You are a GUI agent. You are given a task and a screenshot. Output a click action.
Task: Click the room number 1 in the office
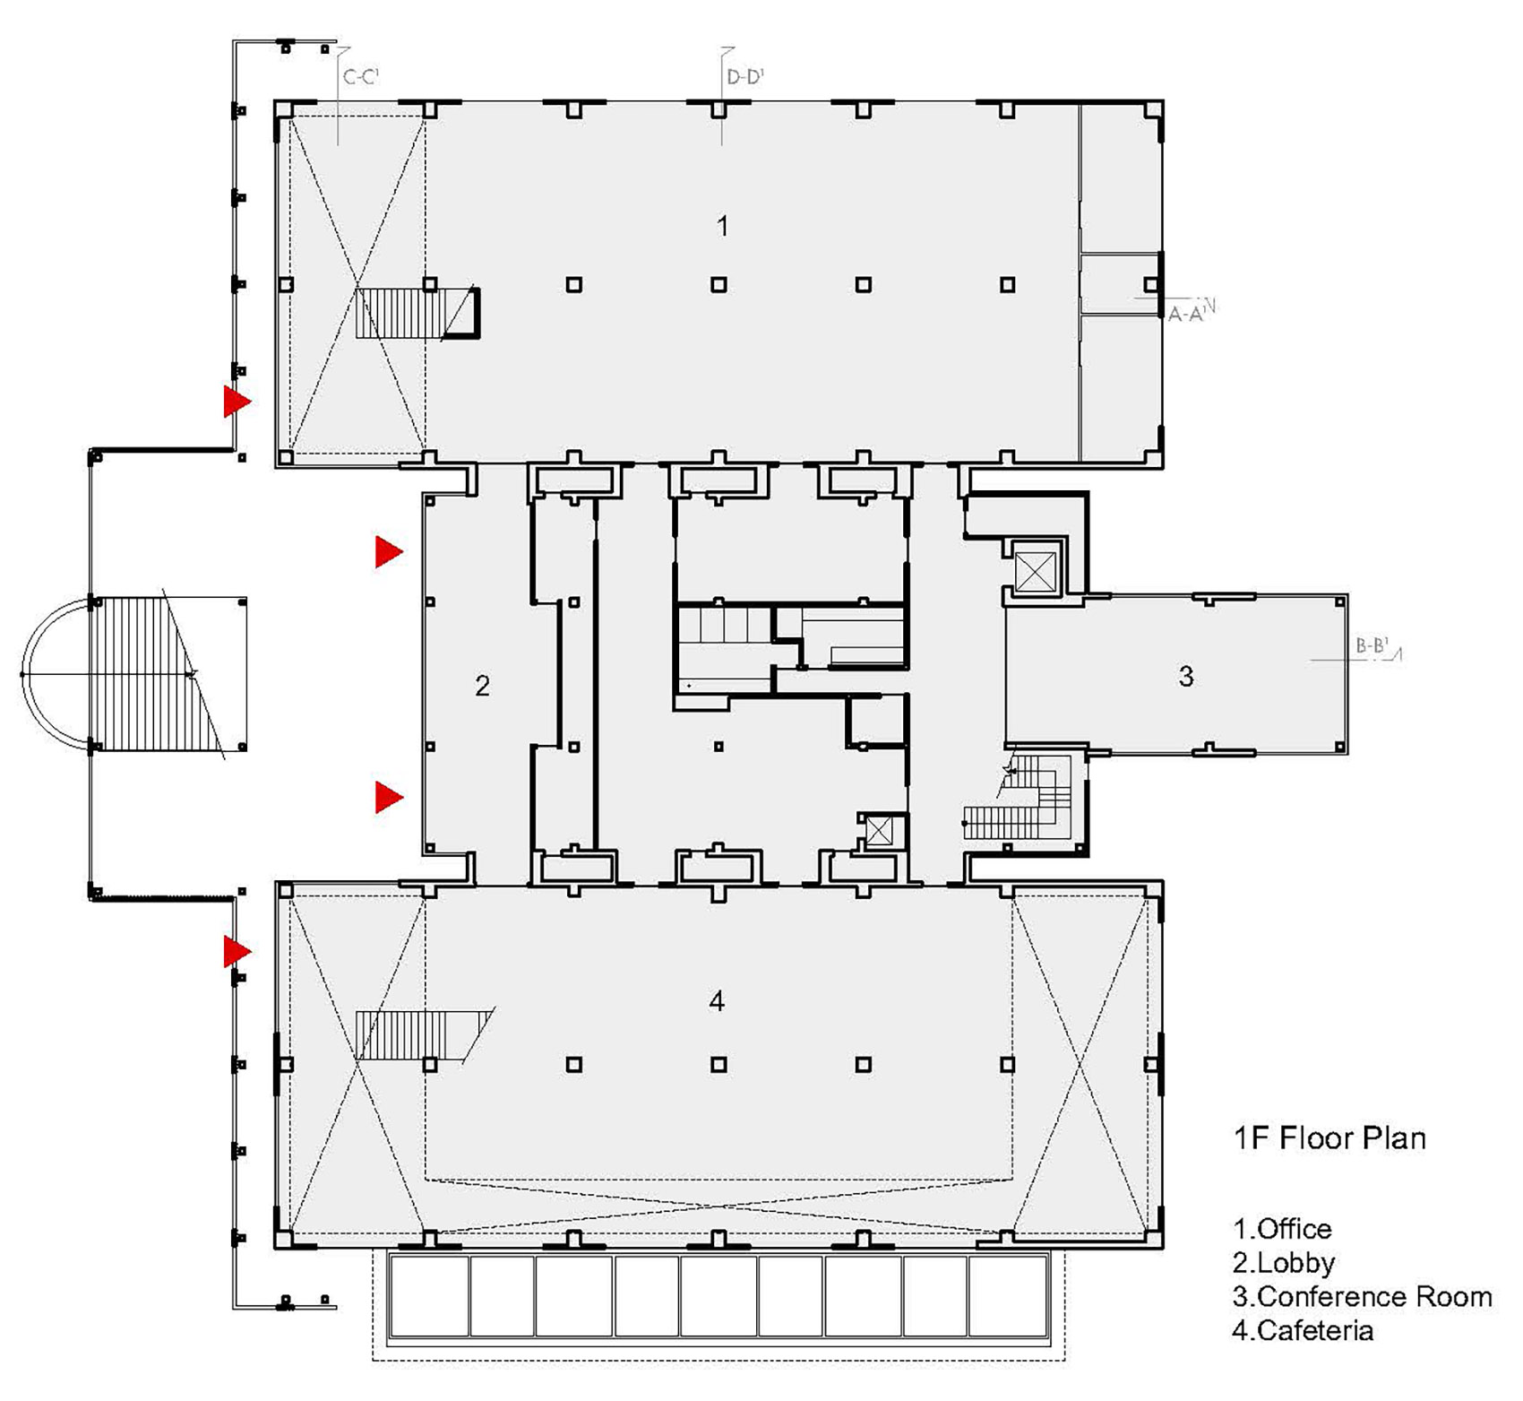(x=722, y=226)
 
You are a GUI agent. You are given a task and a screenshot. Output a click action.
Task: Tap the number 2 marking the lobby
(x=482, y=686)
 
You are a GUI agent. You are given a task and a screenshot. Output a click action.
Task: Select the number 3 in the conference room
(x=1186, y=676)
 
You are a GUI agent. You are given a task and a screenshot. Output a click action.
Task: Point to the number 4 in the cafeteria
(x=717, y=1000)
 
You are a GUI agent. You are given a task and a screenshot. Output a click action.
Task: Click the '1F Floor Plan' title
(x=1329, y=1138)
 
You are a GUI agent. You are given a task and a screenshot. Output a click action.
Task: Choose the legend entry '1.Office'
(x=1282, y=1228)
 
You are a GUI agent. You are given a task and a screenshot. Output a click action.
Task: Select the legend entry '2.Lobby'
(x=1284, y=1262)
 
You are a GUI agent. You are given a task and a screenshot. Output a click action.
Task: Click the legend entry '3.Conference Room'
(x=1363, y=1296)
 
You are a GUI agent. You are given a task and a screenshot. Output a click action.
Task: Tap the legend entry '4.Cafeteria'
(x=1303, y=1330)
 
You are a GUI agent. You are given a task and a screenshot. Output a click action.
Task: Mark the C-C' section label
(x=361, y=77)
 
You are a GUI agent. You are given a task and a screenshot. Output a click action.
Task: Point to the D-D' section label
(x=744, y=77)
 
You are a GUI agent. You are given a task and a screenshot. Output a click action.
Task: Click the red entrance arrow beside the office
(x=237, y=402)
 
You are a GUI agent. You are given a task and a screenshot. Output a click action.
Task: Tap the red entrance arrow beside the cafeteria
(x=237, y=951)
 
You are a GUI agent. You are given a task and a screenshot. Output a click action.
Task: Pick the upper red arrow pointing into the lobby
(x=389, y=552)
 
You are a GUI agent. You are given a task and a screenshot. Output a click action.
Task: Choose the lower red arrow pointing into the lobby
(x=389, y=797)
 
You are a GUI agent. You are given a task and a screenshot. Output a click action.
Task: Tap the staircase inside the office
(x=417, y=313)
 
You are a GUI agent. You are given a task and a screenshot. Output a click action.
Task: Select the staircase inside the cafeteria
(x=423, y=1036)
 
